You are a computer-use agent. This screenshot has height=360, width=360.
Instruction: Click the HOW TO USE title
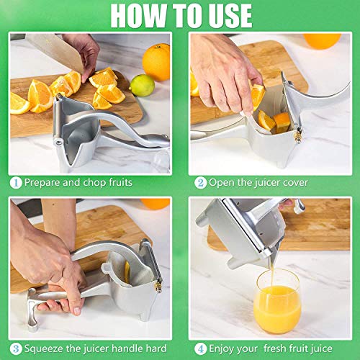[x=180, y=15]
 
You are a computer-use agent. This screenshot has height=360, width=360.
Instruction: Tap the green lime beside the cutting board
[x=142, y=85]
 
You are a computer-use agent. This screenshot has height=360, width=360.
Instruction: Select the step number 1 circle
[x=16, y=182]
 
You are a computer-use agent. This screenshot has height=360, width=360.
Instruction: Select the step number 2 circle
[x=201, y=182]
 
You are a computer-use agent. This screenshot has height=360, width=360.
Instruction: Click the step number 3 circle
[x=16, y=348]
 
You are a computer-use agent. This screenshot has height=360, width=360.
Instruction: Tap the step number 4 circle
[x=201, y=348]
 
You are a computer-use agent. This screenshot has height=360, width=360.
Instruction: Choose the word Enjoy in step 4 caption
[x=223, y=348]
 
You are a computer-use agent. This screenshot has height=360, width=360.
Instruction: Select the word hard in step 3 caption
[x=156, y=348]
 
